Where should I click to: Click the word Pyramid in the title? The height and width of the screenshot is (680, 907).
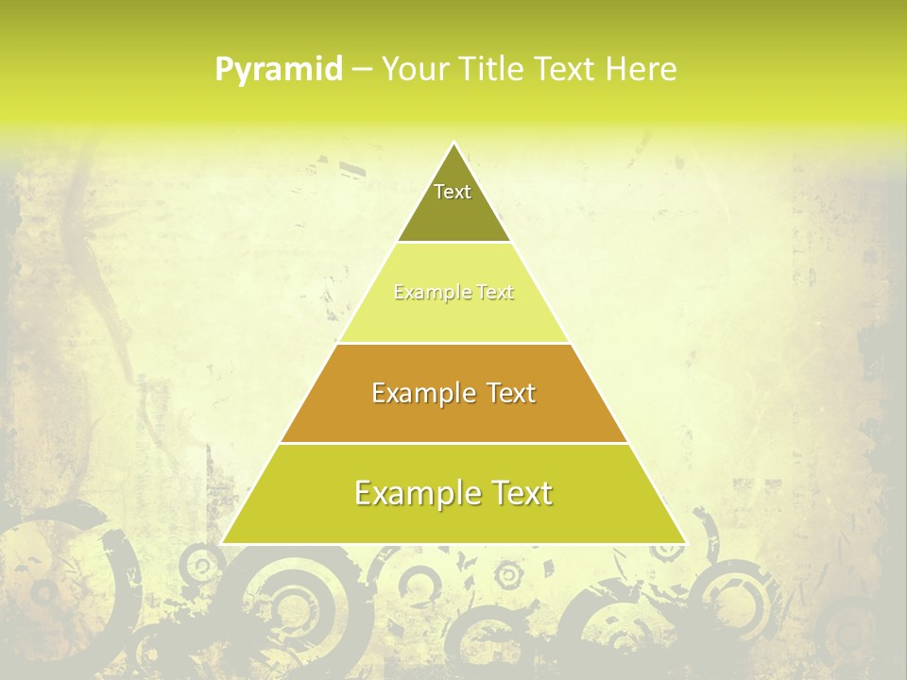point(279,70)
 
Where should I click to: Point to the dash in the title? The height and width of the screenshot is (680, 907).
point(361,70)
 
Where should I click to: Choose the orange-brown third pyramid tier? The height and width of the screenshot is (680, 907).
point(453,416)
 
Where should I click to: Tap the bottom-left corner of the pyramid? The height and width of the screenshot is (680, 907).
point(224,542)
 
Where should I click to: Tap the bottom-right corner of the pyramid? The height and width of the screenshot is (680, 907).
point(684,542)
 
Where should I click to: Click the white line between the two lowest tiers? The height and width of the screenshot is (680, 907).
point(453,443)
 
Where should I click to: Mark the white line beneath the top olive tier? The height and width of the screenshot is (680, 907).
point(453,243)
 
